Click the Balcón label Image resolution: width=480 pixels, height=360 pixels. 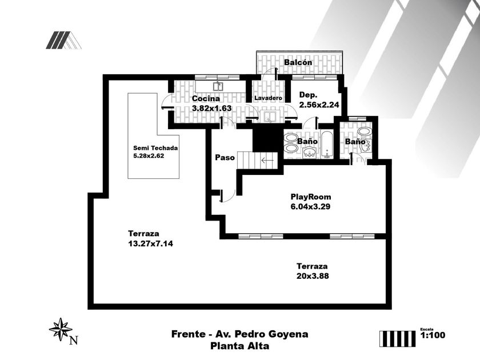pyautogui.click(x=298, y=62)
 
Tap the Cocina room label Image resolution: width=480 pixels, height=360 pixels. pyautogui.click(x=206, y=98)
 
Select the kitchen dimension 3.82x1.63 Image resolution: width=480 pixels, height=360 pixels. pyautogui.click(x=211, y=108)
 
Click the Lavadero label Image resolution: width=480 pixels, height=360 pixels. pyautogui.click(x=268, y=98)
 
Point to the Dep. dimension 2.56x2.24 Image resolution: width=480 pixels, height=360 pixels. pyautogui.click(x=319, y=105)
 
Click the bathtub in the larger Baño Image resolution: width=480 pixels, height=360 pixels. pyautogui.click(x=327, y=144)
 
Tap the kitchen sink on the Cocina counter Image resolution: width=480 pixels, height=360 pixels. pyautogui.click(x=218, y=87)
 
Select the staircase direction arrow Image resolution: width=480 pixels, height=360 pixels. pyautogui.click(x=267, y=160)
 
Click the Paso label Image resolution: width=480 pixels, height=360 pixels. pyautogui.click(x=225, y=158)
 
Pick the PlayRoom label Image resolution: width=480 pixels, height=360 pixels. pyautogui.click(x=311, y=197)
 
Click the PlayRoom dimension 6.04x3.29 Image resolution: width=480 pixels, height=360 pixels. pyautogui.click(x=310, y=206)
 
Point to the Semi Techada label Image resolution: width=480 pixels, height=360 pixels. pyautogui.click(x=155, y=148)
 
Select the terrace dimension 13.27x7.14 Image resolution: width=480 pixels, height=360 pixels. pyautogui.click(x=150, y=243)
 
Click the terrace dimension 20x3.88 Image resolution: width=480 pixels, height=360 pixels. pyautogui.click(x=313, y=276)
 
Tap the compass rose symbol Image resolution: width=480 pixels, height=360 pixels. pyautogui.click(x=61, y=329)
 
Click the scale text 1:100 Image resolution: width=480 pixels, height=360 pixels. pyautogui.click(x=433, y=335)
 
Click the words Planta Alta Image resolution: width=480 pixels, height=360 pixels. pyautogui.click(x=239, y=346)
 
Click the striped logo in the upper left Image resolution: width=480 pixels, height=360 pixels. pyautogui.click(x=63, y=40)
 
